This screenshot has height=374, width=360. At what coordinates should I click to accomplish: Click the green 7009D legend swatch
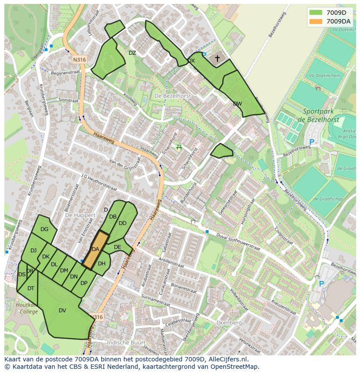point(316,13)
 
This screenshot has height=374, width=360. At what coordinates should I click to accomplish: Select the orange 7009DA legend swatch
point(316,21)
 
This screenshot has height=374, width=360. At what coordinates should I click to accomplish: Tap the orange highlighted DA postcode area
point(96,249)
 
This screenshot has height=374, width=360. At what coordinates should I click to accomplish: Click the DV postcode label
point(62,311)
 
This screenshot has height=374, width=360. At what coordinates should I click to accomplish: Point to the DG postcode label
point(44,229)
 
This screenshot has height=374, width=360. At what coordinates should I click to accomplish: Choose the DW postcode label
point(237,104)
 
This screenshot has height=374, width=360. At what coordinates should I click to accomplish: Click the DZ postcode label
point(132,53)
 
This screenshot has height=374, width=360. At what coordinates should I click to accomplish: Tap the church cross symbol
point(217,58)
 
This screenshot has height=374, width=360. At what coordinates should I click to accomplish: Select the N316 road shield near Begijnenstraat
point(80,60)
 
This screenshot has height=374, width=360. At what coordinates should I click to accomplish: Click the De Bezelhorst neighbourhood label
point(172,96)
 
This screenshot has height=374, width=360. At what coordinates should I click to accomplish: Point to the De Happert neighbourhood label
point(80,215)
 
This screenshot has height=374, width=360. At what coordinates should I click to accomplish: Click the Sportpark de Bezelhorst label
point(322,115)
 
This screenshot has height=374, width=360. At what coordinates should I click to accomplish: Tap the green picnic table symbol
point(179,147)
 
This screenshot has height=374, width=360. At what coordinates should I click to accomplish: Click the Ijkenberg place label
point(229,324)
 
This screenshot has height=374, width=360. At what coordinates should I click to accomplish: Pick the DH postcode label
point(102,264)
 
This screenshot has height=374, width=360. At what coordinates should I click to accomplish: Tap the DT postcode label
point(31,288)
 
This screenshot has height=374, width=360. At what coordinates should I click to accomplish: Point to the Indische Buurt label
point(126,343)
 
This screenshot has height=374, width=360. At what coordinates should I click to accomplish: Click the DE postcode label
point(117,247)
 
